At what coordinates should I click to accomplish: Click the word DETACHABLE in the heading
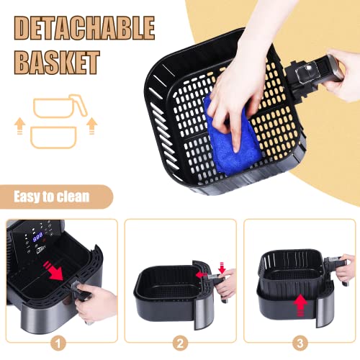(x=84, y=28)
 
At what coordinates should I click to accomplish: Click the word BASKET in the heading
(x=57, y=63)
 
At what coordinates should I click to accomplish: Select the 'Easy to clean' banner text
(x=52, y=197)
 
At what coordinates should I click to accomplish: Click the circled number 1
(x=58, y=343)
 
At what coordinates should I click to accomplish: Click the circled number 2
(x=180, y=343)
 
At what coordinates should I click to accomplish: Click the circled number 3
(x=300, y=343)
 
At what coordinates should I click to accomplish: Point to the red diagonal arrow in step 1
(x=54, y=271)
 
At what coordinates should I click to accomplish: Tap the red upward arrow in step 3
(x=300, y=305)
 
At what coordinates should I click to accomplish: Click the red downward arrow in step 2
(x=222, y=268)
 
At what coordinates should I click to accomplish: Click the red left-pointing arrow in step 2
(x=201, y=274)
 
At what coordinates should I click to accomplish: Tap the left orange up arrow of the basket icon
(x=19, y=125)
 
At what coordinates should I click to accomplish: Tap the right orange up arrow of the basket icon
(x=91, y=125)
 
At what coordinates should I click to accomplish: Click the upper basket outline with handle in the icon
(x=60, y=106)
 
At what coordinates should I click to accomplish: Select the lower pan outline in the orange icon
(x=53, y=138)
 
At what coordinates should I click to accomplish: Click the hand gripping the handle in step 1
(x=96, y=304)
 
